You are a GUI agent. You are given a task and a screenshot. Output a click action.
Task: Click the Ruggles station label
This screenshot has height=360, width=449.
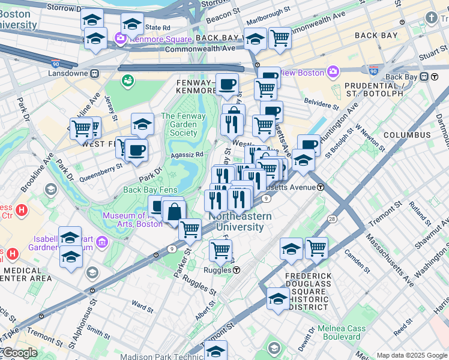[218, 270]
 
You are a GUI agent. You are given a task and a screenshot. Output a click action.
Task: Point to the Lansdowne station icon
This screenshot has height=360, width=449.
[94, 73]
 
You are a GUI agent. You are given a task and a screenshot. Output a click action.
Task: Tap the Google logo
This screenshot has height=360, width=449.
[19, 353]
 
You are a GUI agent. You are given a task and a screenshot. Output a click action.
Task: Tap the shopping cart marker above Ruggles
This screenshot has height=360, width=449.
[220, 251]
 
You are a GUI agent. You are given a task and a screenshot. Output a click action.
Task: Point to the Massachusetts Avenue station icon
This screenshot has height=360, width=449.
[321, 187]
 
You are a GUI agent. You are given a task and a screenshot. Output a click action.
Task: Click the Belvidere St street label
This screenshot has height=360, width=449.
[321, 103]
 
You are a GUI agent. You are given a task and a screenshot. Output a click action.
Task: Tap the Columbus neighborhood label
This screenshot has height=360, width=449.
[407, 135]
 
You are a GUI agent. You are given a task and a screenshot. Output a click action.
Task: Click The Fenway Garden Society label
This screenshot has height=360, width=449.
[183, 124]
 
